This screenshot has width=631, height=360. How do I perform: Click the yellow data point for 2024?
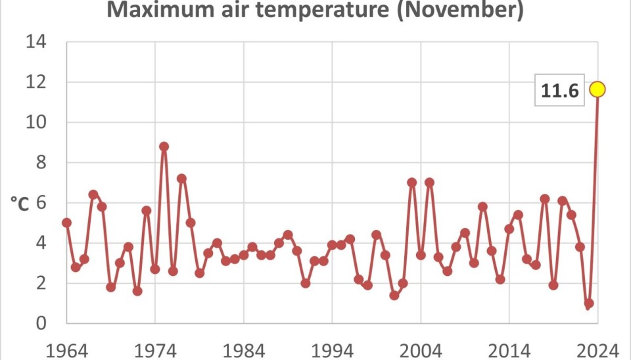click(x=597, y=89)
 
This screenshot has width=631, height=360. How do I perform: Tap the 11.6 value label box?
click(x=560, y=92)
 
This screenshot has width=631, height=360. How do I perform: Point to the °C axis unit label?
click(x=20, y=204)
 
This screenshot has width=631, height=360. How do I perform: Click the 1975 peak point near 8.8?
click(x=164, y=146)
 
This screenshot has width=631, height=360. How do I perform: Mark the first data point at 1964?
click(x=66, y=223)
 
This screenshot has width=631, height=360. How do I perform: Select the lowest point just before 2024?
click(x=588, y=304)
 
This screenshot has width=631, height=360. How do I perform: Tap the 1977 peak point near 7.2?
click(x=181, y=179)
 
